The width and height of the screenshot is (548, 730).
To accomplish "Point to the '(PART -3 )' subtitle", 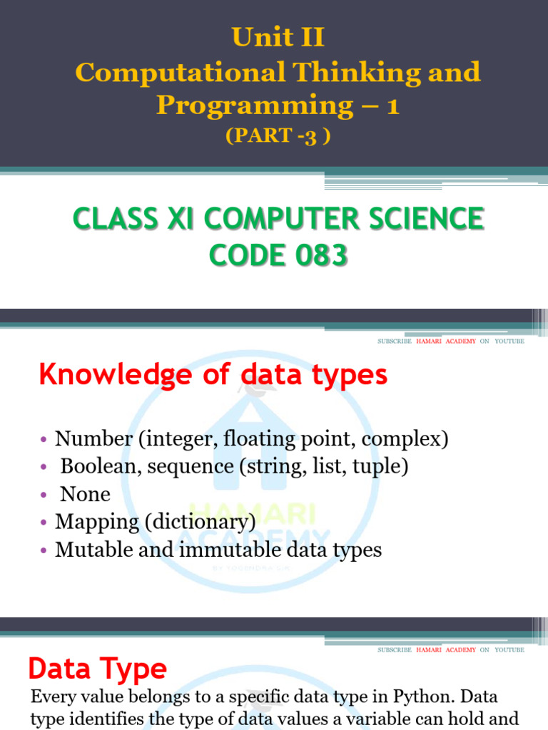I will [x=278, y=136].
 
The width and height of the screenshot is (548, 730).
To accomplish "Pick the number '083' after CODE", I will [x=317, y=254].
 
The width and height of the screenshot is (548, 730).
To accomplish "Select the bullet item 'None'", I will [x=85, y=494].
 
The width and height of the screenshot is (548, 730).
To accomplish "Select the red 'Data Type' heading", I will [x=97, y=669].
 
